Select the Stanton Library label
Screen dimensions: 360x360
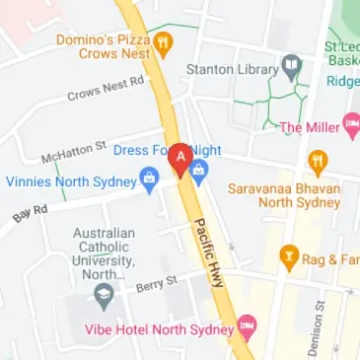tap(234, 70)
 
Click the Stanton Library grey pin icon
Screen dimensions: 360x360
tap(291, 69)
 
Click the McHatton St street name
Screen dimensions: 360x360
tap(73, 153)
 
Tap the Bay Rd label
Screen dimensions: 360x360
tap(31, 212)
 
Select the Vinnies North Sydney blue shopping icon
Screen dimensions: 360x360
tap(149, 180)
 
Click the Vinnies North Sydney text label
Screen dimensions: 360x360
tap(69, 180)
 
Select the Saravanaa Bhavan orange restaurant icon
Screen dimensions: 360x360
tap(317, 161)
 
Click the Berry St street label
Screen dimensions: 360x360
tap(157, 284)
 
